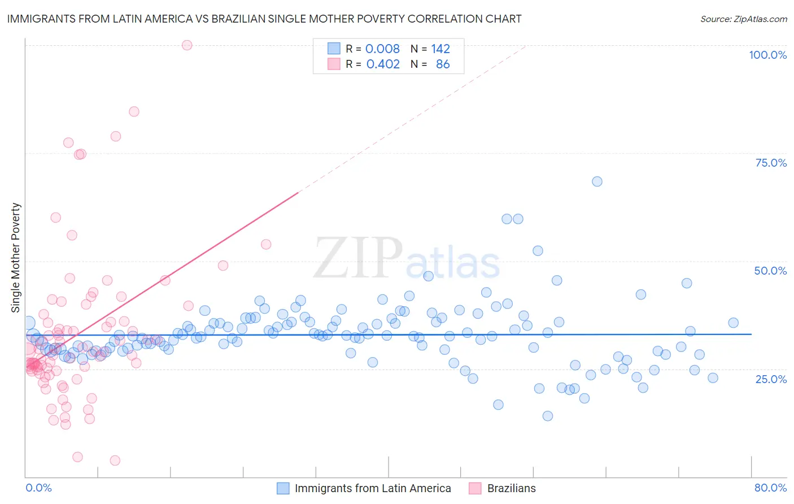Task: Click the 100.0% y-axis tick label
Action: [x=767, y=55]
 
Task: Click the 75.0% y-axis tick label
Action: [x=771, y=163]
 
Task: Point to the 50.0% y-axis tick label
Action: [x=770, y=271]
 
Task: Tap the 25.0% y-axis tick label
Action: [x=771, y=379]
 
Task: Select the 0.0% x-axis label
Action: [x=38, y=488]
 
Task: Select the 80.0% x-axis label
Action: [x=770, y=488]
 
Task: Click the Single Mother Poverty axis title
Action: [x=16, y=258]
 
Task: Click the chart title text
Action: [x=264, y=19]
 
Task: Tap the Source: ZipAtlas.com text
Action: [x=743, y=19]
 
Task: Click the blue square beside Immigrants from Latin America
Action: [x=283, y=488]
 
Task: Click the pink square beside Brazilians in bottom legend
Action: [x=475, y=488]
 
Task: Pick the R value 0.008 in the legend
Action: [x=382, y=49]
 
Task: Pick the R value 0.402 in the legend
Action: [x=383, y=64]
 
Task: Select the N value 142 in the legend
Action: [x=440, y=49]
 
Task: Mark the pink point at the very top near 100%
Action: [x=187, y=45]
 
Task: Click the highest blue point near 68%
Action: [x=597, y=181]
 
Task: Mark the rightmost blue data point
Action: [x=733, y=323]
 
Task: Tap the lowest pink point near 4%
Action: [x=115, y=460]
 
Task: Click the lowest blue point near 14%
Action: [x=547, y=416]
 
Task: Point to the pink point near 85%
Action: [x=134, y=111]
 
